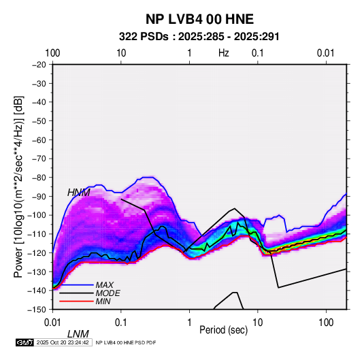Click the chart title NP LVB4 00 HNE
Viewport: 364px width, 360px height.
pos(199,19)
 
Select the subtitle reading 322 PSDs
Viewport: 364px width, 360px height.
pos(144,37)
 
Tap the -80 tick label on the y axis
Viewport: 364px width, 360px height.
pos(39,178)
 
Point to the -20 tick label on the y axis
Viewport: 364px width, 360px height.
pos(39,65)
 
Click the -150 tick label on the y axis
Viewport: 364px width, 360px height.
pos(37,310)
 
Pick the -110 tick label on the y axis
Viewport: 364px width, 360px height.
pos(37,234)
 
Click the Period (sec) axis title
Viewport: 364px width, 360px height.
pos(224,330)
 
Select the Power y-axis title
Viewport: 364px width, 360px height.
pos(18,187)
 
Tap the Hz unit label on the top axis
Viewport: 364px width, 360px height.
pos(224,53)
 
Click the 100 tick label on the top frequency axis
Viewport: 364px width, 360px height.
pos(52,53)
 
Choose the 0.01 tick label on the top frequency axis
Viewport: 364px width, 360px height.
pos(326,53)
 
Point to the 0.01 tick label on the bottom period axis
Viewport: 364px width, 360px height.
pos(52,323)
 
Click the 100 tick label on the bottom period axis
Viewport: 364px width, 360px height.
pos(326,323)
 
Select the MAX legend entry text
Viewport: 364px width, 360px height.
pos(105,285)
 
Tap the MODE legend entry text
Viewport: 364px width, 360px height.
pos(107,293)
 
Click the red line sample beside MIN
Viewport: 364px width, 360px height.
pos(76,301)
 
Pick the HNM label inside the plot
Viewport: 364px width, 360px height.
pos(79,193)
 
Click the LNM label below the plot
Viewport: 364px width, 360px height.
pos(78,334)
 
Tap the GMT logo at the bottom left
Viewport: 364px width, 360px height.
pos(25,342)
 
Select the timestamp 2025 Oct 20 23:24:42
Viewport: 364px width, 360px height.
pos(63,342)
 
